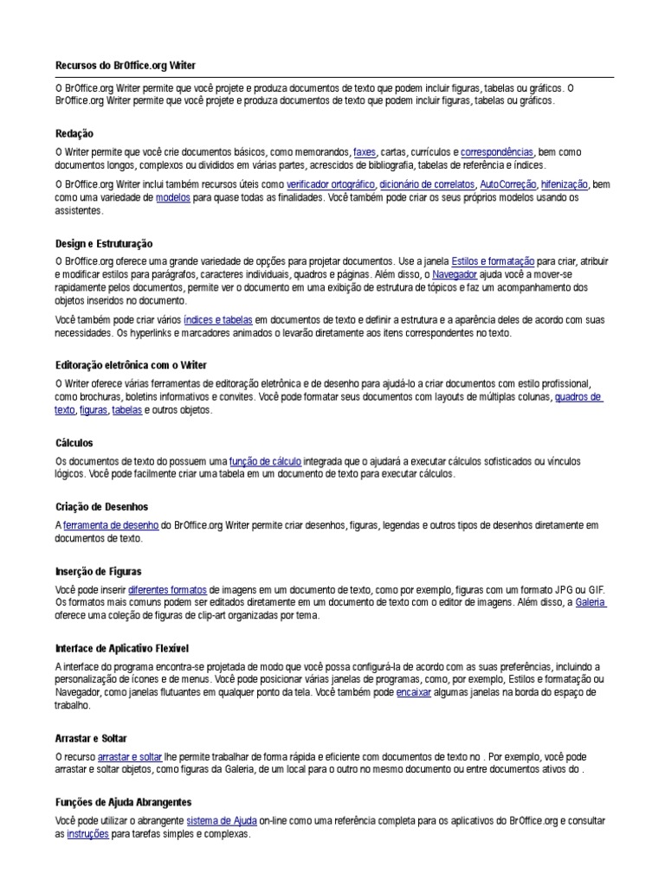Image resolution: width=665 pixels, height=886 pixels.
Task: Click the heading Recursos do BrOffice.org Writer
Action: [x=132, y=66]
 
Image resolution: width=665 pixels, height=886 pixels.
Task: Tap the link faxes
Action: [x=365, y=151]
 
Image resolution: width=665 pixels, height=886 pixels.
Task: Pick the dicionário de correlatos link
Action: [x=427, y=184]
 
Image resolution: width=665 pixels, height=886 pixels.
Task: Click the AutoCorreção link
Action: [x=507, y=184]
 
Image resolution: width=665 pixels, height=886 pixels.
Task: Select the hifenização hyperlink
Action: [x=565, y=184]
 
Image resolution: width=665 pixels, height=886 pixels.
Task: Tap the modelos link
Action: [x=173, y=197]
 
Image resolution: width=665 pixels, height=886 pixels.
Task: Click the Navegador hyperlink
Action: [x=455, y=274]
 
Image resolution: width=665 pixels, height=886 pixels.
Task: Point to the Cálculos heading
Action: [x=74, y=442]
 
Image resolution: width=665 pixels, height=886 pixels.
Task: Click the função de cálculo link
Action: [x=266, y=461]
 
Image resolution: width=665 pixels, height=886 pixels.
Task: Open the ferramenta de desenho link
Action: [x=111, y=525]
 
